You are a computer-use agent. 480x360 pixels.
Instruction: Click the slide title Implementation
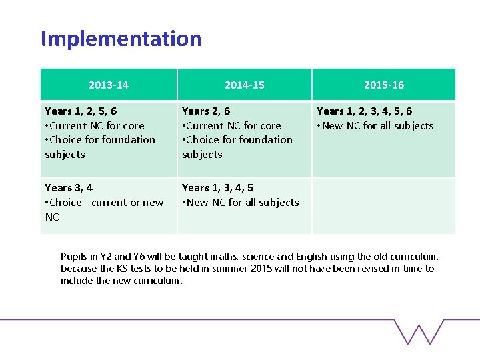(x=121, y=39)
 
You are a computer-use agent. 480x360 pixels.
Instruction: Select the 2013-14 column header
(x=109, y=85)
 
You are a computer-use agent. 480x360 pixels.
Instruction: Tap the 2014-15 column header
(x=244, y=85)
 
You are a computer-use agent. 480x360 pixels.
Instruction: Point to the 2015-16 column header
(x=383, y=85)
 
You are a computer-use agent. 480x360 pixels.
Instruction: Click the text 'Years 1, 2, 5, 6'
(x=81, y=111)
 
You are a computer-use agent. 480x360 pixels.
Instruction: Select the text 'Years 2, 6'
(x=206, y=111)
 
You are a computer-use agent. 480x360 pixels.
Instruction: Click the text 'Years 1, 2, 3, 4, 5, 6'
(x=364, y=111)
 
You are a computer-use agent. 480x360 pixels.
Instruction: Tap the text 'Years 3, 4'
(x=69, y=188)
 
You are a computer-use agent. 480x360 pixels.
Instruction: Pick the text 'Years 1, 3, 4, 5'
(x=217, y=188)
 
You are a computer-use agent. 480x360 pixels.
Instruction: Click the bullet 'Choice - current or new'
(x=107, y=203)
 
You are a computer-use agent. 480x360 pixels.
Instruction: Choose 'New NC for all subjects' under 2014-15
(x=243, y=203)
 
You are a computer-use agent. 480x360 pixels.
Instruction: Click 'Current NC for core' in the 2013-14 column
(x=97, y=126)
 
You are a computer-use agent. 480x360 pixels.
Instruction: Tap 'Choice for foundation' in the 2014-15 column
(x=240, y=140)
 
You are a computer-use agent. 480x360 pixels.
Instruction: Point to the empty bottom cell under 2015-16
(x=383, y=205)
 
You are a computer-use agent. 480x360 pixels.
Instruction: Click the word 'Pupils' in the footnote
(x=73, y=257)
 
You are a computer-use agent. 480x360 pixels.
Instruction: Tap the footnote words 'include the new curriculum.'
(x=121, y=281)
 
